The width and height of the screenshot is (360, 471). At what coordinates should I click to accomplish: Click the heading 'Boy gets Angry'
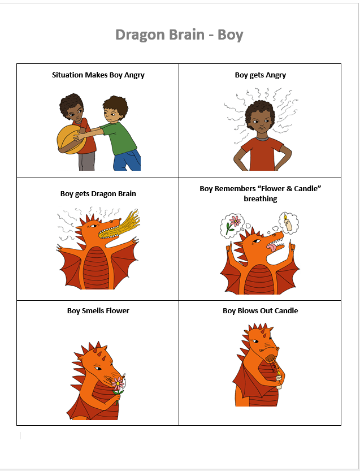pyautogui.click(x=261, y=75)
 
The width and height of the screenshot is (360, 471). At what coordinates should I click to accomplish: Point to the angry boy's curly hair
pyautogui.click(x=260, y=112)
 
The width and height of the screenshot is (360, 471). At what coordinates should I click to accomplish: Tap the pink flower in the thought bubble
pyautogui.click(x=235, y=222)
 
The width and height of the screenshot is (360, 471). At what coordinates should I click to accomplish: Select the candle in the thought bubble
pyautogui.click(x=288, y=223)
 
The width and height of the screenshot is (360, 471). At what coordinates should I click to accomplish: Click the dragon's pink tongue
pyautogui.click(x=271, y=248)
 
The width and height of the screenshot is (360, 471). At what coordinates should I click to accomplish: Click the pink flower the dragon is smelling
pyautogui.click(x=118, y=383)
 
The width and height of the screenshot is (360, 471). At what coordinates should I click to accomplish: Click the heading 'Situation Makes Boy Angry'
pyautogui.click(x=98, y=75)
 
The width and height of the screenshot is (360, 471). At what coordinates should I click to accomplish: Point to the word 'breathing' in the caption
pyautogui.click(x=261, y=199)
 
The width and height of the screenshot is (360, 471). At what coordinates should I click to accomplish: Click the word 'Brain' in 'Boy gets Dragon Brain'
pyautogui.click(x=126, y=194)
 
